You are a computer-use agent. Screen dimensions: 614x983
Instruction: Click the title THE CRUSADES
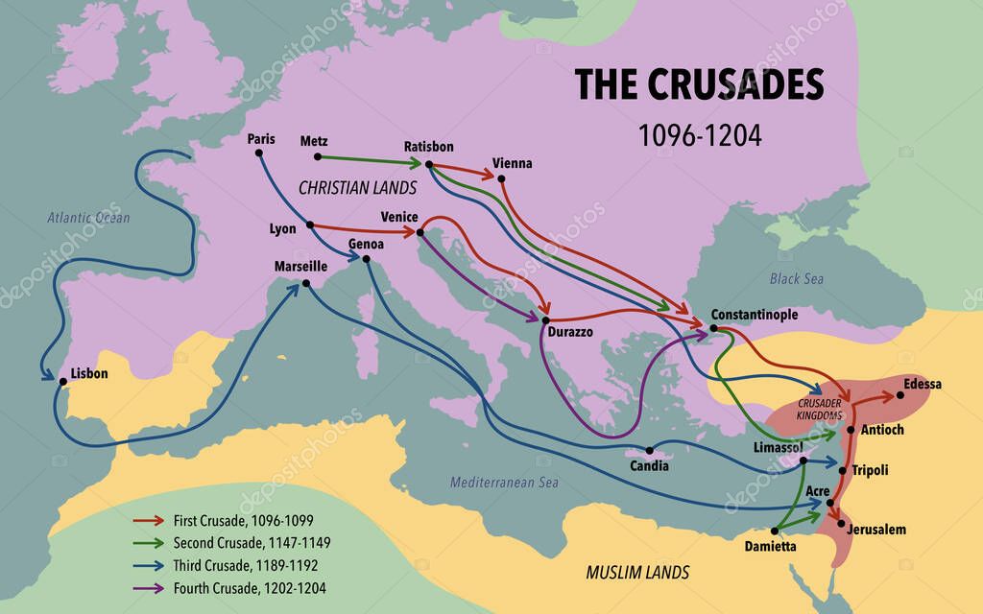[699, 85]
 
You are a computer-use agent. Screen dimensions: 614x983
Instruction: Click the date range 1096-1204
[700, 135]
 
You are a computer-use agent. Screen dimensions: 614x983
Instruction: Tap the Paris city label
[260, 139]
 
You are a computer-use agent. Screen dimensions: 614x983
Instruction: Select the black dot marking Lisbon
[62, 381]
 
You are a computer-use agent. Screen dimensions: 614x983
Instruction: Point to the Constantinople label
[754, 315]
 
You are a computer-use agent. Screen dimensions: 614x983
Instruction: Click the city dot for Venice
[420, 231]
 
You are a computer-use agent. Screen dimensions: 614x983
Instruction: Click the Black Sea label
[796, 278]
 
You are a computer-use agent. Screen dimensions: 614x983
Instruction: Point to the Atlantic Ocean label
[88, 218]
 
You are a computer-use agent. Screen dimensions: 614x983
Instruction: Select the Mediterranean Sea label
[504, 483]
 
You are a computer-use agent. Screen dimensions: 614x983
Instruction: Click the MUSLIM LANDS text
[637, 573]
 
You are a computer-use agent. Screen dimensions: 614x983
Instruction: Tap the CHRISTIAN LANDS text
[357, 187]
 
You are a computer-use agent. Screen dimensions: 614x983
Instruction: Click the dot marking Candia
[649, 450]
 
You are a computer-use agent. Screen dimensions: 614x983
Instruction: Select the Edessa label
[922, 384]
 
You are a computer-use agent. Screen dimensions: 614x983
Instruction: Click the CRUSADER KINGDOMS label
[819, 410]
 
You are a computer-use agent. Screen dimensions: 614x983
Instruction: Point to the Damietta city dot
[774, 530]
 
